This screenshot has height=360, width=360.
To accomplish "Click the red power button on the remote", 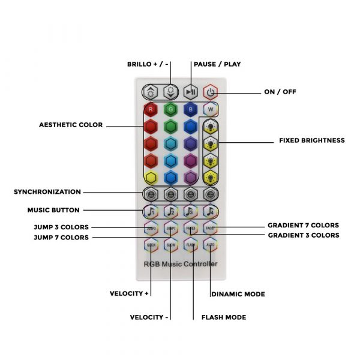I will pos(210,92).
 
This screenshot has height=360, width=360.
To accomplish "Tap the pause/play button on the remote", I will pos(190,92).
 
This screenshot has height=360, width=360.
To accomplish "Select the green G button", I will pos(171,110).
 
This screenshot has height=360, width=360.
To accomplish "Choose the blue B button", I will pos(190,110).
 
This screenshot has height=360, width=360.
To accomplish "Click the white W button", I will pos(210,110).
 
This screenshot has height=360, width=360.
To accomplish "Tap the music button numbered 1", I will pos(151,211).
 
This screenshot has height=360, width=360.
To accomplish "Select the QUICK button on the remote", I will pos(151,244).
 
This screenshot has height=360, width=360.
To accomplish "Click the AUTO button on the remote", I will pos(210,244).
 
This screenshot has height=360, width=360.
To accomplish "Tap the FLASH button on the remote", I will pos(190,244).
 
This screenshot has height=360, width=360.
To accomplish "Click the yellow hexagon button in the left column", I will pos(151,177).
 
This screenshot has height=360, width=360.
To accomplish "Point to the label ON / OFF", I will pos(280,92).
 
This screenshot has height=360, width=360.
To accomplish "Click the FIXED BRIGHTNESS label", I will pos(311,140).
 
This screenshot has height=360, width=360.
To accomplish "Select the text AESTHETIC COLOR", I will pos(71,125).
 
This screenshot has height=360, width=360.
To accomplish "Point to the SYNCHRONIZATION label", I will pos(47,192).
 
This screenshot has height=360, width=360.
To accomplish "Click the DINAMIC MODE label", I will pos(238,295).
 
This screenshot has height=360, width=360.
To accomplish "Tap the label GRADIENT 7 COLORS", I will pos(303,226).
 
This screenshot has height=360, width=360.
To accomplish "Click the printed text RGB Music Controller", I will pos(181,264).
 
